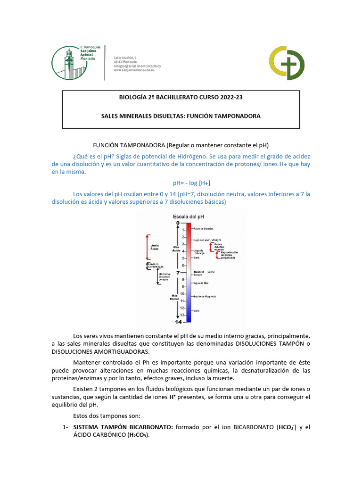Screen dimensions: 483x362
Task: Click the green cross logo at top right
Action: point(286,63)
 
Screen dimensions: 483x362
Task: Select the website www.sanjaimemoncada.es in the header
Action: point(137,70)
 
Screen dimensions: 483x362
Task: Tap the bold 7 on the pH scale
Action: point(178,273)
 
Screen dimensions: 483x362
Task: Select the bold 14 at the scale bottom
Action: point(178,322)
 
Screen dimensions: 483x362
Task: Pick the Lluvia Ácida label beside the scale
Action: point(155,247)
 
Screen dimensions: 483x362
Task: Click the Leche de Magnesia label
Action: point(204,296)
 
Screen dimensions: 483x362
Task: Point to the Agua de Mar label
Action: point(200,283)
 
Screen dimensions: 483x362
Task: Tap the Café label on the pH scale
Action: point(197,258)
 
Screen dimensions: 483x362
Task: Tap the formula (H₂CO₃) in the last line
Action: point(136,435)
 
